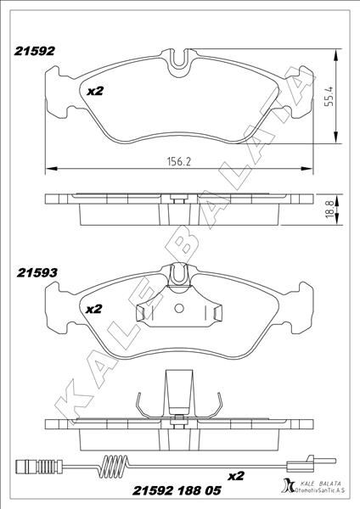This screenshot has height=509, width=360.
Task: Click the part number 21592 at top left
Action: [x=34, y=51]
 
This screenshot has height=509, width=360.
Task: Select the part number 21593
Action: [x=35, y=273]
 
